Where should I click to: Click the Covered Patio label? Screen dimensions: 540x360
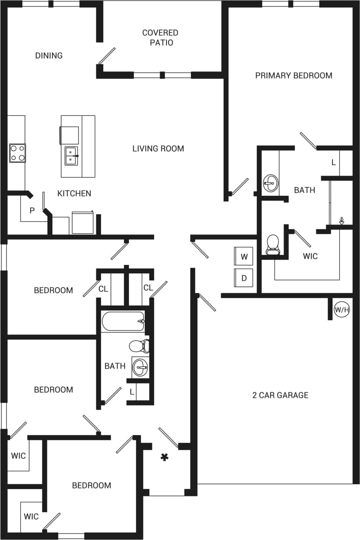pyautogui.click(x=160, y=37)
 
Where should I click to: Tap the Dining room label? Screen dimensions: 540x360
pyautogui.click(x=49, y=55)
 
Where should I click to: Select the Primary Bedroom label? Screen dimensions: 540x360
pyautogui.click(x=293, y=75)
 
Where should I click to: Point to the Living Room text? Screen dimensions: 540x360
pyautogui.click(x=158, y=149)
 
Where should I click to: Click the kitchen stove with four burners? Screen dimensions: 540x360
pyautogui.click(x=17, y=153)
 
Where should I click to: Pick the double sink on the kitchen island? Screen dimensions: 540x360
pyautogui.click(x=71, y=156)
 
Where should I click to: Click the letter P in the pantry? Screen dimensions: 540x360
pyautogui.click(x=32, y=211)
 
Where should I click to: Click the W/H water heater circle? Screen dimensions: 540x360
pyautogui.click(x=342, y=310)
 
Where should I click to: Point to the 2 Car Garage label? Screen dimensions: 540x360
pyautogui.click(x=280, y=395)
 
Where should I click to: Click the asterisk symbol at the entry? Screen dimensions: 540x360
pyautogui.click(x=164, y=457)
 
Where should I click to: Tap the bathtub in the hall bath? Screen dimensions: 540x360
pyautogui.click(x=123, y=321)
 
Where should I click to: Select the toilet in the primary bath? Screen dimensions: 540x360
pyautogui.click(x=272, y=245)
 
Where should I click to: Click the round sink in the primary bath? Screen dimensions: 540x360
pyautogui.click(x=270, y=183)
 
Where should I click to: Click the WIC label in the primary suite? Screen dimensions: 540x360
pyautogui.click(x=310, y=256)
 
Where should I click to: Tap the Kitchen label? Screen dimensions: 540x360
pyautogui.click(x=74, y=193)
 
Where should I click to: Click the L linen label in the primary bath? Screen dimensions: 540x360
pyautogui.click(x=333, y=163)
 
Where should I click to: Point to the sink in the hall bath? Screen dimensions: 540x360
pyautogui.click(x=140, y=367)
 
